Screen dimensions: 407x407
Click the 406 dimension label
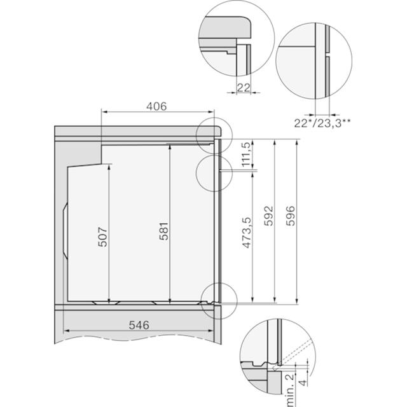156,106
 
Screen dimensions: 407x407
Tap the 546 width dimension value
139,325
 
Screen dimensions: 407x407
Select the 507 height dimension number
102,237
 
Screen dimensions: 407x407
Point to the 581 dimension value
164,231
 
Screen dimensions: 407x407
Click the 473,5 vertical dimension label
247,233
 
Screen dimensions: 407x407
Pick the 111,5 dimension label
247,155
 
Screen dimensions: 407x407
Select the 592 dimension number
269,216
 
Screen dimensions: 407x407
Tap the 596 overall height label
291,216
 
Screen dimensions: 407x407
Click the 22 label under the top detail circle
244,88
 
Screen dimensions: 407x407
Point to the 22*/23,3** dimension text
322,123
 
